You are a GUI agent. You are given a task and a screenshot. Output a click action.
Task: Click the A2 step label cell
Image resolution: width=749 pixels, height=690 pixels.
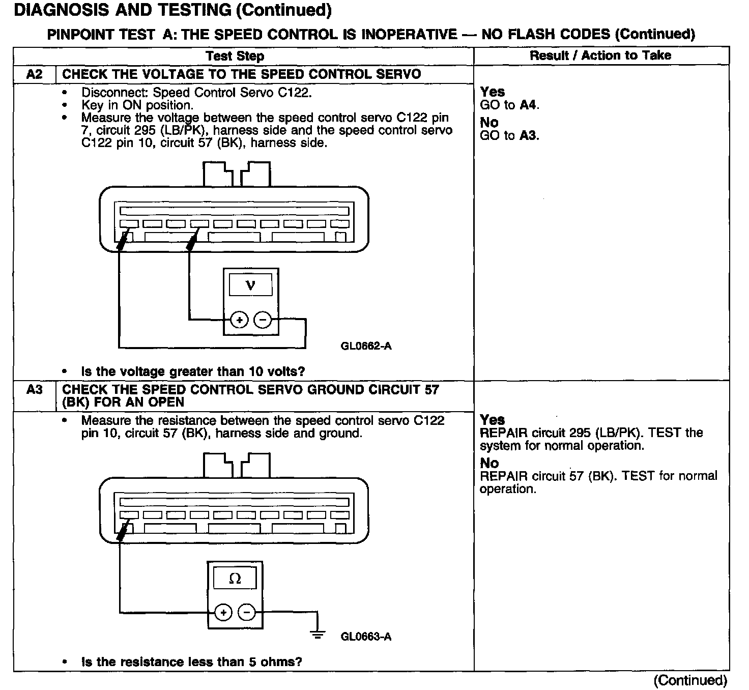click(x=34, y=74)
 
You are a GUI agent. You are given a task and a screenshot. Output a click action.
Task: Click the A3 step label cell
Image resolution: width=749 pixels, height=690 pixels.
click(x=34, y=390)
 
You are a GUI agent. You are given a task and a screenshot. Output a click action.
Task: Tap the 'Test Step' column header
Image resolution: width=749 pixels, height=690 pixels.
click(x=235, y=56)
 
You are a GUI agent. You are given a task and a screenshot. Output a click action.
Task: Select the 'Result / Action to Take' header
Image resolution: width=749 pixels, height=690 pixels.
click(x=600, y=55)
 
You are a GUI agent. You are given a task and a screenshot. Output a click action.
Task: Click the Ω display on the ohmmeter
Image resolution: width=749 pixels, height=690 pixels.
click(x=235, y=579)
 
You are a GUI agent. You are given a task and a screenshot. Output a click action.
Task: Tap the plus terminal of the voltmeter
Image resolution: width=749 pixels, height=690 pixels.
click(x=239, y=320)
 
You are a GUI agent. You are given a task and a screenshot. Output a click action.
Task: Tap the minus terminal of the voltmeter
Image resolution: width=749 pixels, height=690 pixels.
click(x=263, y=320)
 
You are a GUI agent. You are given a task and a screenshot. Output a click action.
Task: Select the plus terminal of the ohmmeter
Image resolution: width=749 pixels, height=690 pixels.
click(x=223, y=612)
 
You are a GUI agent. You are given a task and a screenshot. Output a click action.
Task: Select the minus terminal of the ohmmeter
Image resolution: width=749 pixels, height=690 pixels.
click(x=247, y=612)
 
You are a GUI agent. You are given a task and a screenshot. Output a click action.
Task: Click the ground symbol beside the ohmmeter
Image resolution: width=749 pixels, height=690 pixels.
click(x=318, y=634)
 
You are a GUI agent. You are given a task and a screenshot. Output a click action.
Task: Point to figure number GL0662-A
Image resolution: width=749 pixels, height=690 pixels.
click(x=366, y=347)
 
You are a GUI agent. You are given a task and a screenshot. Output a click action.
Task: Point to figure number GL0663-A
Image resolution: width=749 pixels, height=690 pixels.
click(x=366, y=637)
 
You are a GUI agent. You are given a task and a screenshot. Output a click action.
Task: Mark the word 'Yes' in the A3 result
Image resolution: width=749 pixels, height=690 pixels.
click(x=493, y=420)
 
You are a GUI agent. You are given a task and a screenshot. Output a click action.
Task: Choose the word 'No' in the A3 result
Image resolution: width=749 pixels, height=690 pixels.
click(x=489, y=463)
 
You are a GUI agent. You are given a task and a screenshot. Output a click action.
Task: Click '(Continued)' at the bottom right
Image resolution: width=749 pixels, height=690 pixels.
click(x=690, y=680)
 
